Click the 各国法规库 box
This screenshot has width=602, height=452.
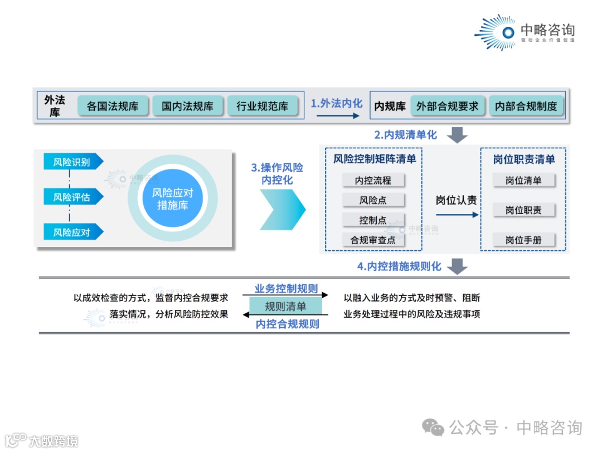[113, 106]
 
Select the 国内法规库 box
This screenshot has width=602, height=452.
[187, 106]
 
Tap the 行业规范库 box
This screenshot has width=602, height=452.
[263, 106]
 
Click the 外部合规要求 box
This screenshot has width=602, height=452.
[447, 106]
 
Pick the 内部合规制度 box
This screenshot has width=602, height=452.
[526, 106]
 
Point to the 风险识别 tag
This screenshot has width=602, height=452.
[72, 162]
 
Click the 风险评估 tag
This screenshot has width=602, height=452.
[72, 197]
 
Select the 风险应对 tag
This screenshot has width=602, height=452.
[72, 232]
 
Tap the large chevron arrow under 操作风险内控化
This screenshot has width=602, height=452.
[282, 209]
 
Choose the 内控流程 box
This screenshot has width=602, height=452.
[373, 180]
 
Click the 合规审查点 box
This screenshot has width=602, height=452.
[373, 240]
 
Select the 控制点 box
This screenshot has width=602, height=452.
[373, 220]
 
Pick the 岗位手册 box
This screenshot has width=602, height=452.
[523, 240]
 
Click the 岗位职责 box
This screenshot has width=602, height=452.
[523, 210]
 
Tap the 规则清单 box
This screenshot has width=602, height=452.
[285, 306]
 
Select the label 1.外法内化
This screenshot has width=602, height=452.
[337, 103]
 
